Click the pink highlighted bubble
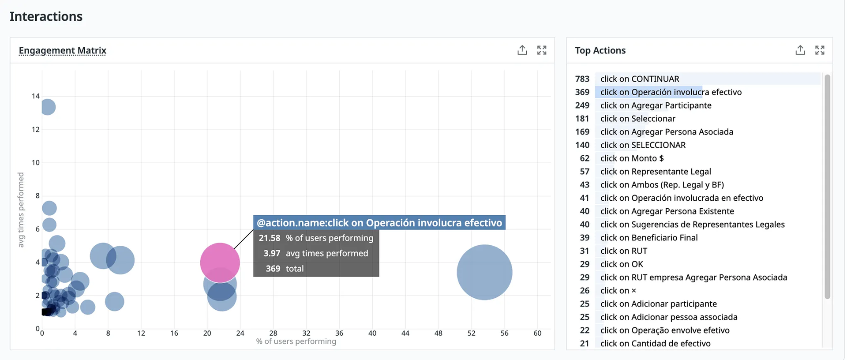click(x=220, y=262)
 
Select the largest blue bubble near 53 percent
click(x=484, y=272)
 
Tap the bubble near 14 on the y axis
click(x=48, y=107)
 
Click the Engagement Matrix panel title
click(x=62, y=51)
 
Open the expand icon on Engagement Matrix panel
click(x=542, y=50)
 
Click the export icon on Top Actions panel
click(x=800, y=50)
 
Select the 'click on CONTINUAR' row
click(x=640, y=79)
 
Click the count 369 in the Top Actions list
click(x=582, y=92)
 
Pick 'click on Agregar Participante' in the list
click(x=656, y=105)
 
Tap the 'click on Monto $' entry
click(x=632, y=158)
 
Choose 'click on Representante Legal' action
click(x=656, y=172)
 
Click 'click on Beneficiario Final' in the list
click(x=649, y=238)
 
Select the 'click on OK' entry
click(x=622, y=264)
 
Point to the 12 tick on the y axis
click(x=36, y=129)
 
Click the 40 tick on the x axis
click(x=372, y=333)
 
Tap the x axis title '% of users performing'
click(x=296, y=341)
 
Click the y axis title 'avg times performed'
click(x=21, y=210)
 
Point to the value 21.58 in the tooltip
click(x=270, y=238)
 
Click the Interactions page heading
click(x=46, y=17)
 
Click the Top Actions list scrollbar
click(x=827, y=185)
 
